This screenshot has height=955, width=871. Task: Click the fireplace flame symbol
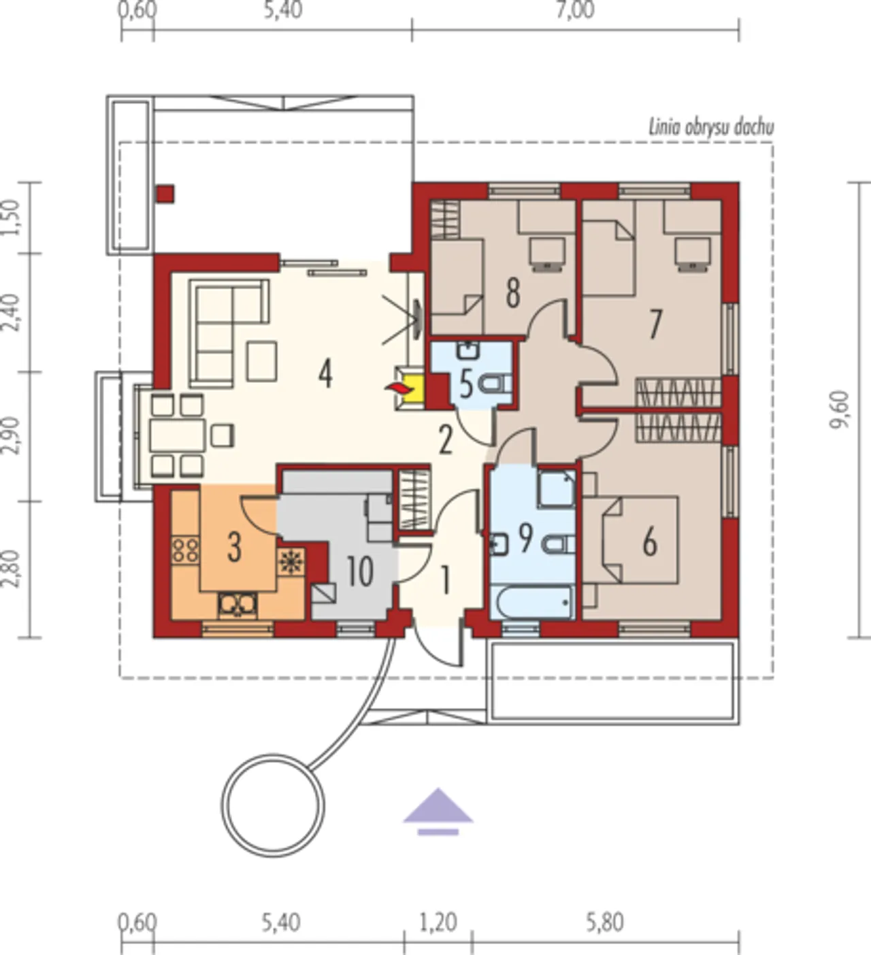pyautogui.click(x=397, y=388)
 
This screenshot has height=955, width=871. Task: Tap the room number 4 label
pyautogui.click(x=325, y=374)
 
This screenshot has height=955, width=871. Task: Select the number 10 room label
pyautogui.click(x=360, y=571)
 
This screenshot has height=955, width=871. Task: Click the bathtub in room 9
pyautogui.click(x=533, y=602)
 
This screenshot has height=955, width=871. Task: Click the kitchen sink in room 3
pyautogui.click(x=237, y=605)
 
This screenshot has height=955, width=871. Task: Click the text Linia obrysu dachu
pyautogui.click(x=711, y=128)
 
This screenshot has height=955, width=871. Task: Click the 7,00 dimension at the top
pyautogui.click(x=576, y=10)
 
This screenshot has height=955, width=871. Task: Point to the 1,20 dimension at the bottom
pyautogui.click(x=438, y=922)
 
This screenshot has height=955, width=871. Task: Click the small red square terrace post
pyautogui.click(x=166, y=194)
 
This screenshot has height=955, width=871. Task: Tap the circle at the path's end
pyautogui.click(x=273, y=805)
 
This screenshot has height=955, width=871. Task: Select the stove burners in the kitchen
pyautogui.click(x=185, y=550)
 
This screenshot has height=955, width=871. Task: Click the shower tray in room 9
pyautogui.click(x=557, y=488)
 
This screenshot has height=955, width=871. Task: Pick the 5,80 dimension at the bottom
pyautogui.click(x=605, y=922)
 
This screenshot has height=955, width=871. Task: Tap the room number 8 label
pyautogui.click(x=512, y=294)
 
